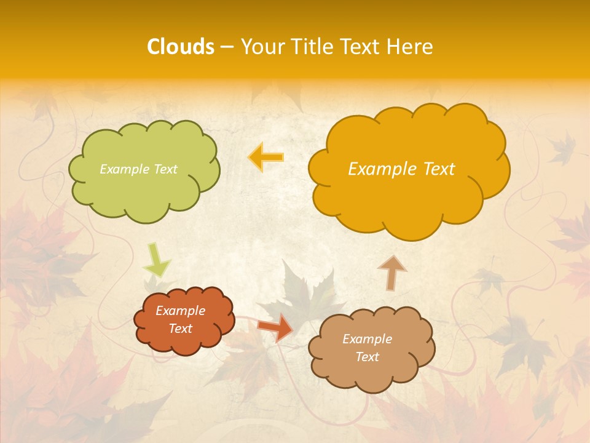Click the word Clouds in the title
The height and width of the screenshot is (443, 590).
coord(181,47)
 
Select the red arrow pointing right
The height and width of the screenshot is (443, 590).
coord(276,327)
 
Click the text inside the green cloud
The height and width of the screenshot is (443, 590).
coord(138,169)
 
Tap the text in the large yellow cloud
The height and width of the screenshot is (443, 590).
coord(401,169)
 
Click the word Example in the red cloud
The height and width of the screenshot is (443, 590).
coord(180,311)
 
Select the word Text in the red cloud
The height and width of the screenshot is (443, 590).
coord(180,329)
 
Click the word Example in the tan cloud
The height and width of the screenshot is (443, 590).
coord(367,339)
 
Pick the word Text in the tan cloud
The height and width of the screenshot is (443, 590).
coord(367,357)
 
